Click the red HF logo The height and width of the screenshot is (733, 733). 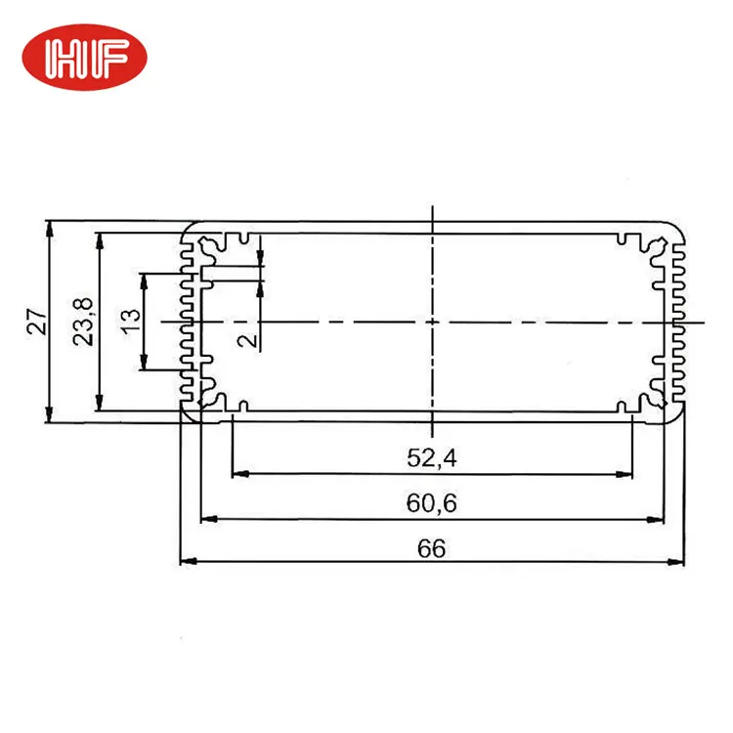[84, 60]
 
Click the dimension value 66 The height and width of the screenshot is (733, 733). [430, 548]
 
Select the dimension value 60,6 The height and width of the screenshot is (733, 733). [430, 504]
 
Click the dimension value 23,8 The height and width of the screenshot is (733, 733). [83, 322]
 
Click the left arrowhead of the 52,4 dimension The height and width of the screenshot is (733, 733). [237, 475]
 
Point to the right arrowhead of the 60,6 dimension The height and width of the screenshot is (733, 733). [661, 519]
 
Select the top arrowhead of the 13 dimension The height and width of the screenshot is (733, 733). [145, 279]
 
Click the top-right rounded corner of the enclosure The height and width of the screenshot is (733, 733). [673, 228]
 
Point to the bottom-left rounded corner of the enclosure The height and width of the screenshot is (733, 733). [189, 415]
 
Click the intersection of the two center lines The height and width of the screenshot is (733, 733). [431, 321]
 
